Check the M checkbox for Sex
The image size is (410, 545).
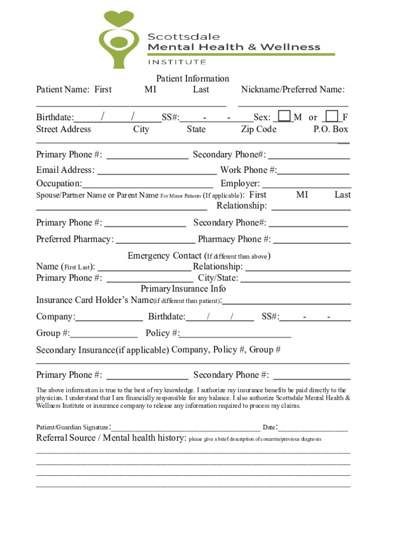tap(285, 116)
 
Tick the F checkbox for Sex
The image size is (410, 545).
tap(332, 116)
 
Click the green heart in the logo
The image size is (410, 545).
tap(117, 20)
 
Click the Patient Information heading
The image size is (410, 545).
tap(192, 79)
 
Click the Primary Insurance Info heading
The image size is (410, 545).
tap(183, 288)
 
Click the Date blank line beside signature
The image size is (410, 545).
tap(314, 428)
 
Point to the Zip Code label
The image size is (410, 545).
tap(259, 129)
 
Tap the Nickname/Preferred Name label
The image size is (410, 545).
tap(293, 89)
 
